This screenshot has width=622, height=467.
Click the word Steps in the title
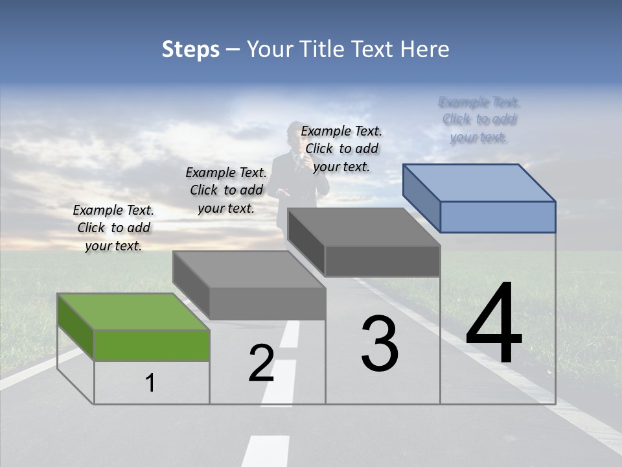[190, 49]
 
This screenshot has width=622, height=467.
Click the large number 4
[494, 324]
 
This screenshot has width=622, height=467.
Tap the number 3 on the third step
[380, 344]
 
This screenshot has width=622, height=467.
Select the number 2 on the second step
[261, 364]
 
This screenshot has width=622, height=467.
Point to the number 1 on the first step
[150, 383]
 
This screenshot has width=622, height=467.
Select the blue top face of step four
[479, 182]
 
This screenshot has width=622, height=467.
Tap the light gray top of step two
[249, 269]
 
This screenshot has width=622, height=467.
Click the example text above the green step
[113, 228]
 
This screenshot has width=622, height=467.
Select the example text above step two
[226, 190]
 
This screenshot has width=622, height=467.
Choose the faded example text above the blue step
[479, 119]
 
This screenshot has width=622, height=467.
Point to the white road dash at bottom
[266, 451]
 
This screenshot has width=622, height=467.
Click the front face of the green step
[152, 345]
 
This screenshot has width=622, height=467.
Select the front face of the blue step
[498, 217]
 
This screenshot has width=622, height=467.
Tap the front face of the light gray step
[268, 304]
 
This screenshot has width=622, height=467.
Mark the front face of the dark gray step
[382, 261]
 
